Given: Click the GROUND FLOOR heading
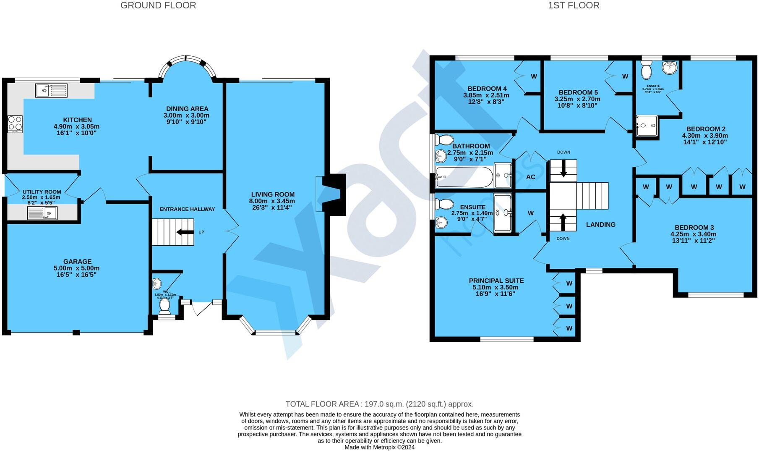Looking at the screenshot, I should click(x=158, y=5).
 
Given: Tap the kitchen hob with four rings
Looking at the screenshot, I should click(x=15, y=124).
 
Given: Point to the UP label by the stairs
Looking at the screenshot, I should click(x=201, y=232).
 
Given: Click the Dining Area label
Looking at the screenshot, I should click(x=187, y=109).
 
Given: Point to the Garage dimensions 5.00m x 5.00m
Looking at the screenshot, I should click(x=77, y=268).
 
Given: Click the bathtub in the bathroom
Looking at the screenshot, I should click(x=464, y=177).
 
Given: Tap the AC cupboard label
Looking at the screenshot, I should click(x=531, y=177).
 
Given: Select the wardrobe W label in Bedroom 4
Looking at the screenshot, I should click(x=534, y=76).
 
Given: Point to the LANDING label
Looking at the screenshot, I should click(x=600, y=225).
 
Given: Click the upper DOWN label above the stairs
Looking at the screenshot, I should click(x=563, y=152).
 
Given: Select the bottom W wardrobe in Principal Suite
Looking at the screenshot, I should click(x=569, y=328).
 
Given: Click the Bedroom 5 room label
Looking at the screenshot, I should click(x=578, y=92).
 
